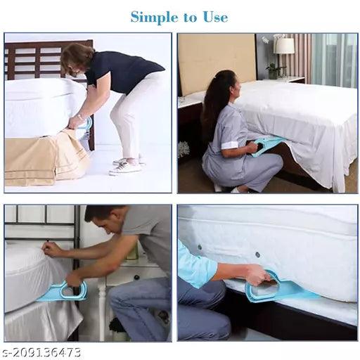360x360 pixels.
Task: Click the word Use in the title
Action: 215,16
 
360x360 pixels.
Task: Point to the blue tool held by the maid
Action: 270,146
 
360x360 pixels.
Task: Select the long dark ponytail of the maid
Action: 210,105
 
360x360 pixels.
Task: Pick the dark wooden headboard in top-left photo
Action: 35,60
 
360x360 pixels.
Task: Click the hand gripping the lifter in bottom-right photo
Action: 256,273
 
